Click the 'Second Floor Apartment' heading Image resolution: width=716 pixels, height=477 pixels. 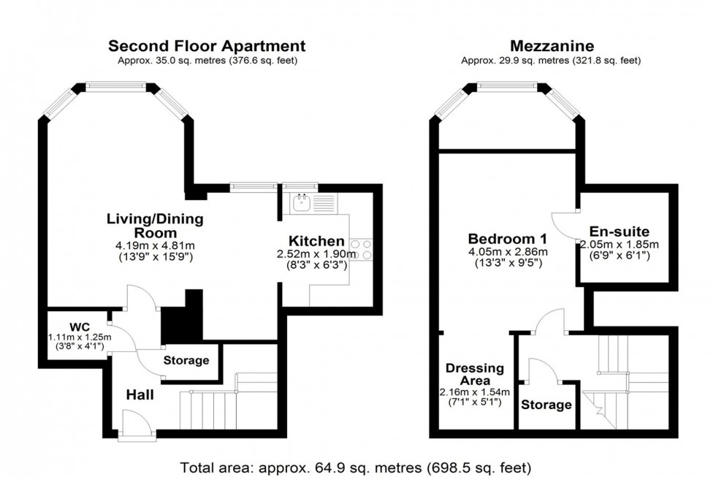pyautogui.click(x=207, y=45)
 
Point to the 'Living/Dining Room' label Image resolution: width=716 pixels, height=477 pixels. pyautogui.click(x=155, y=226)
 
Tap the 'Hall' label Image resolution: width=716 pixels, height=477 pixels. pyautogui.click(x=140, y=394)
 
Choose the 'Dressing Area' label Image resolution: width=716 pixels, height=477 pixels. pyautogui.click(x=475, y=375)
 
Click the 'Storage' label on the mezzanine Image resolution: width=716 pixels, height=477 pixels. pyautogui.click(x=546, y=405)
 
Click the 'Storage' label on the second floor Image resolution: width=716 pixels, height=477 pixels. pyautogui.click(x=186, y=360)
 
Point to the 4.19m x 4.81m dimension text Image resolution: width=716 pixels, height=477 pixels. pyautogui.click(x=155, y=245)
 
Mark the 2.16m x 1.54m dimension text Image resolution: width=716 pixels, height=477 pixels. pyautogui.click(x=474, y=392)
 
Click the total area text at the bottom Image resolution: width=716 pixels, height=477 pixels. pyautogui.click(x=357, y=465)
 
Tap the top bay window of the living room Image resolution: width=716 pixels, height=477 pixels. pyautogui.click(x=116, y=86)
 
